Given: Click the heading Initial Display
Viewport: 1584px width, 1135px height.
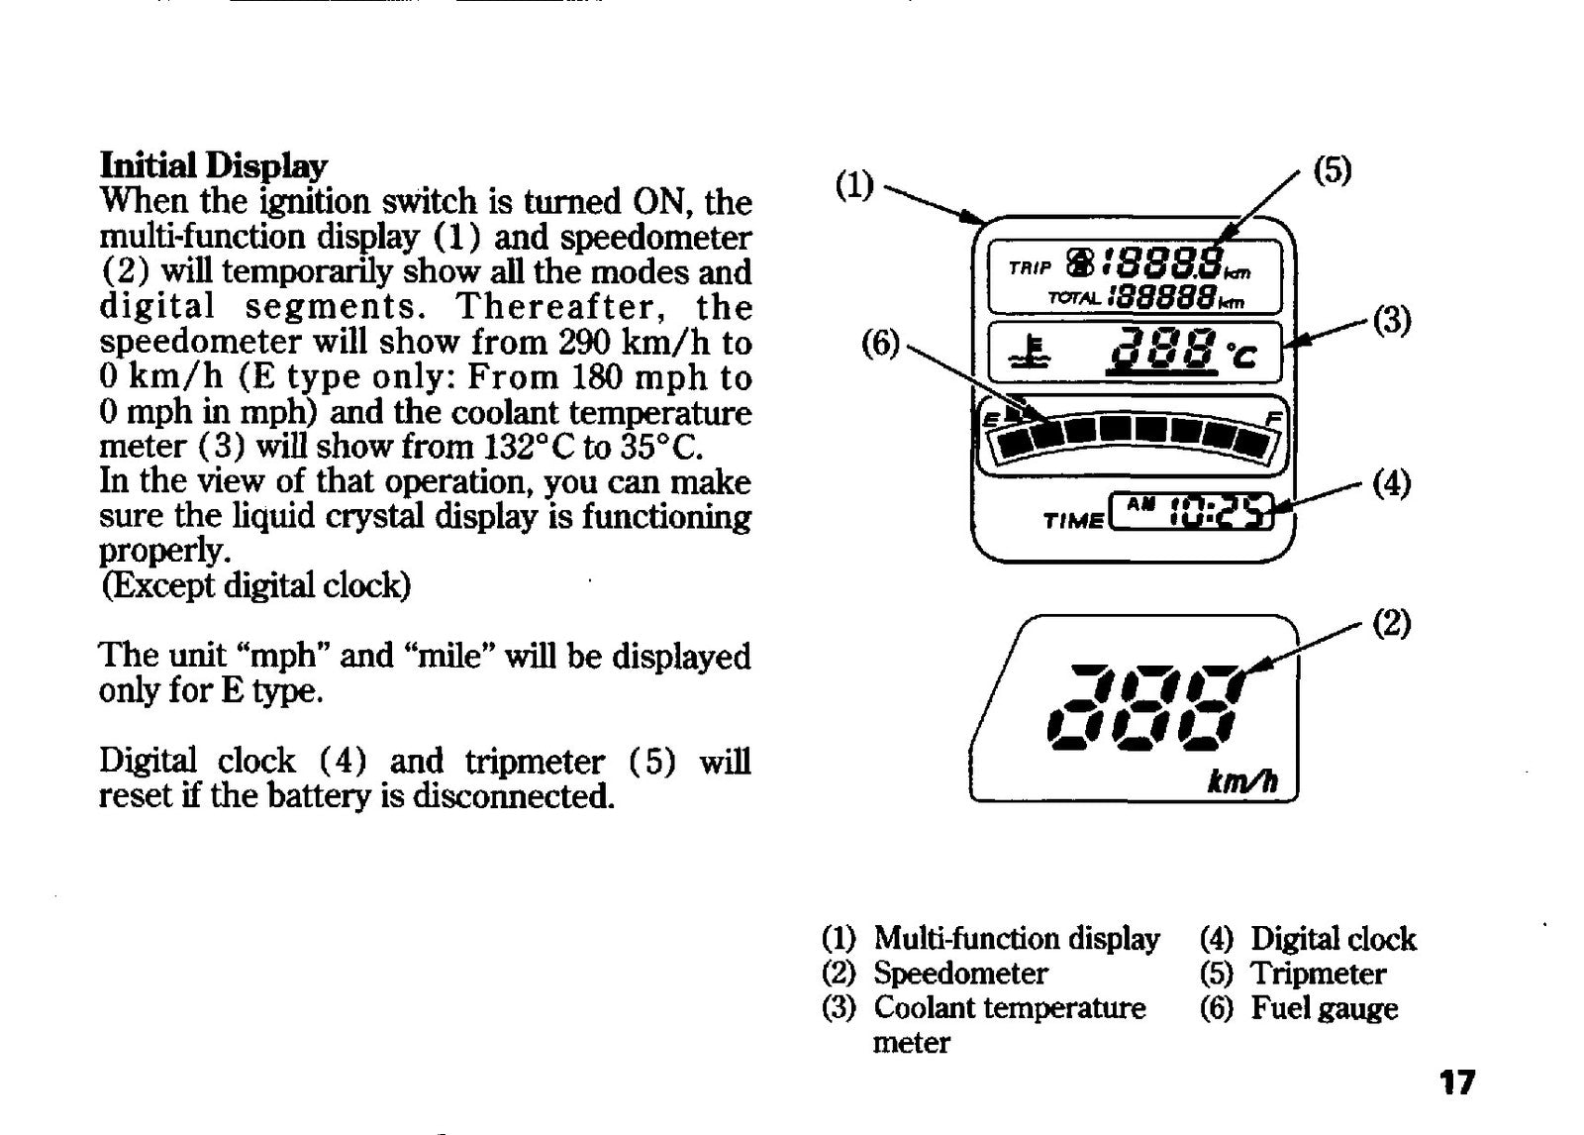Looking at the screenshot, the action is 214,167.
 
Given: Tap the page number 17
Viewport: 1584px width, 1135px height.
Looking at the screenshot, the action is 1457,1082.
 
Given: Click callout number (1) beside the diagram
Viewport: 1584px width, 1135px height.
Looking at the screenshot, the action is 854,185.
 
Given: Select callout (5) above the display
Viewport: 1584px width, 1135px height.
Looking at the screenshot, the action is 1333,170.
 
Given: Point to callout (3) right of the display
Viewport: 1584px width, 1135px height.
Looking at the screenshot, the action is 1392,320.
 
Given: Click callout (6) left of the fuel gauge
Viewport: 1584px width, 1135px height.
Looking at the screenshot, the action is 880,345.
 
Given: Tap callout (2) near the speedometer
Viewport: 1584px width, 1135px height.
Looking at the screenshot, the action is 1392,623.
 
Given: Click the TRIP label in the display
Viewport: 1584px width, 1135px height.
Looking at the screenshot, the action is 1031,267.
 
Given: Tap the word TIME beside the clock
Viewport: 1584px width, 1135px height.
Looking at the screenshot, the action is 1073,522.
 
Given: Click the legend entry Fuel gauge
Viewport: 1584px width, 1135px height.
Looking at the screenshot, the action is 1325,1008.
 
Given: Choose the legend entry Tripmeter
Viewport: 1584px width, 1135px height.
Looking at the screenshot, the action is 1318,974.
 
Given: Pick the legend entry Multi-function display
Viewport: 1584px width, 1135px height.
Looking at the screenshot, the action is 1017,939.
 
